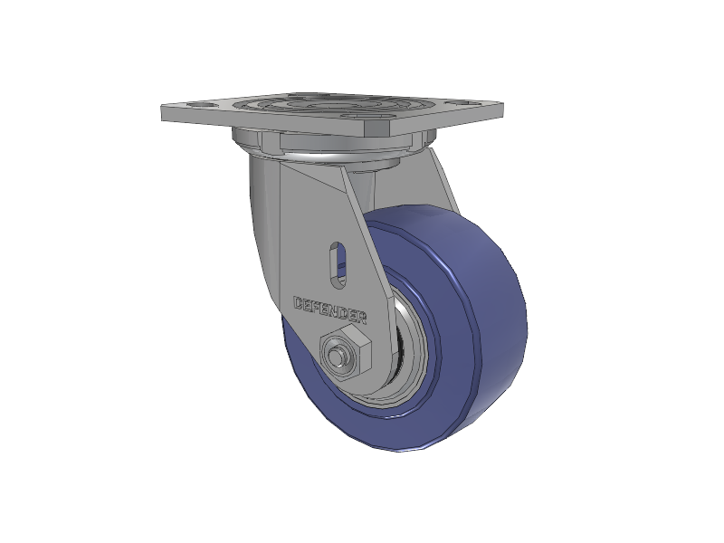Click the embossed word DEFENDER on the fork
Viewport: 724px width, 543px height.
330,310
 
